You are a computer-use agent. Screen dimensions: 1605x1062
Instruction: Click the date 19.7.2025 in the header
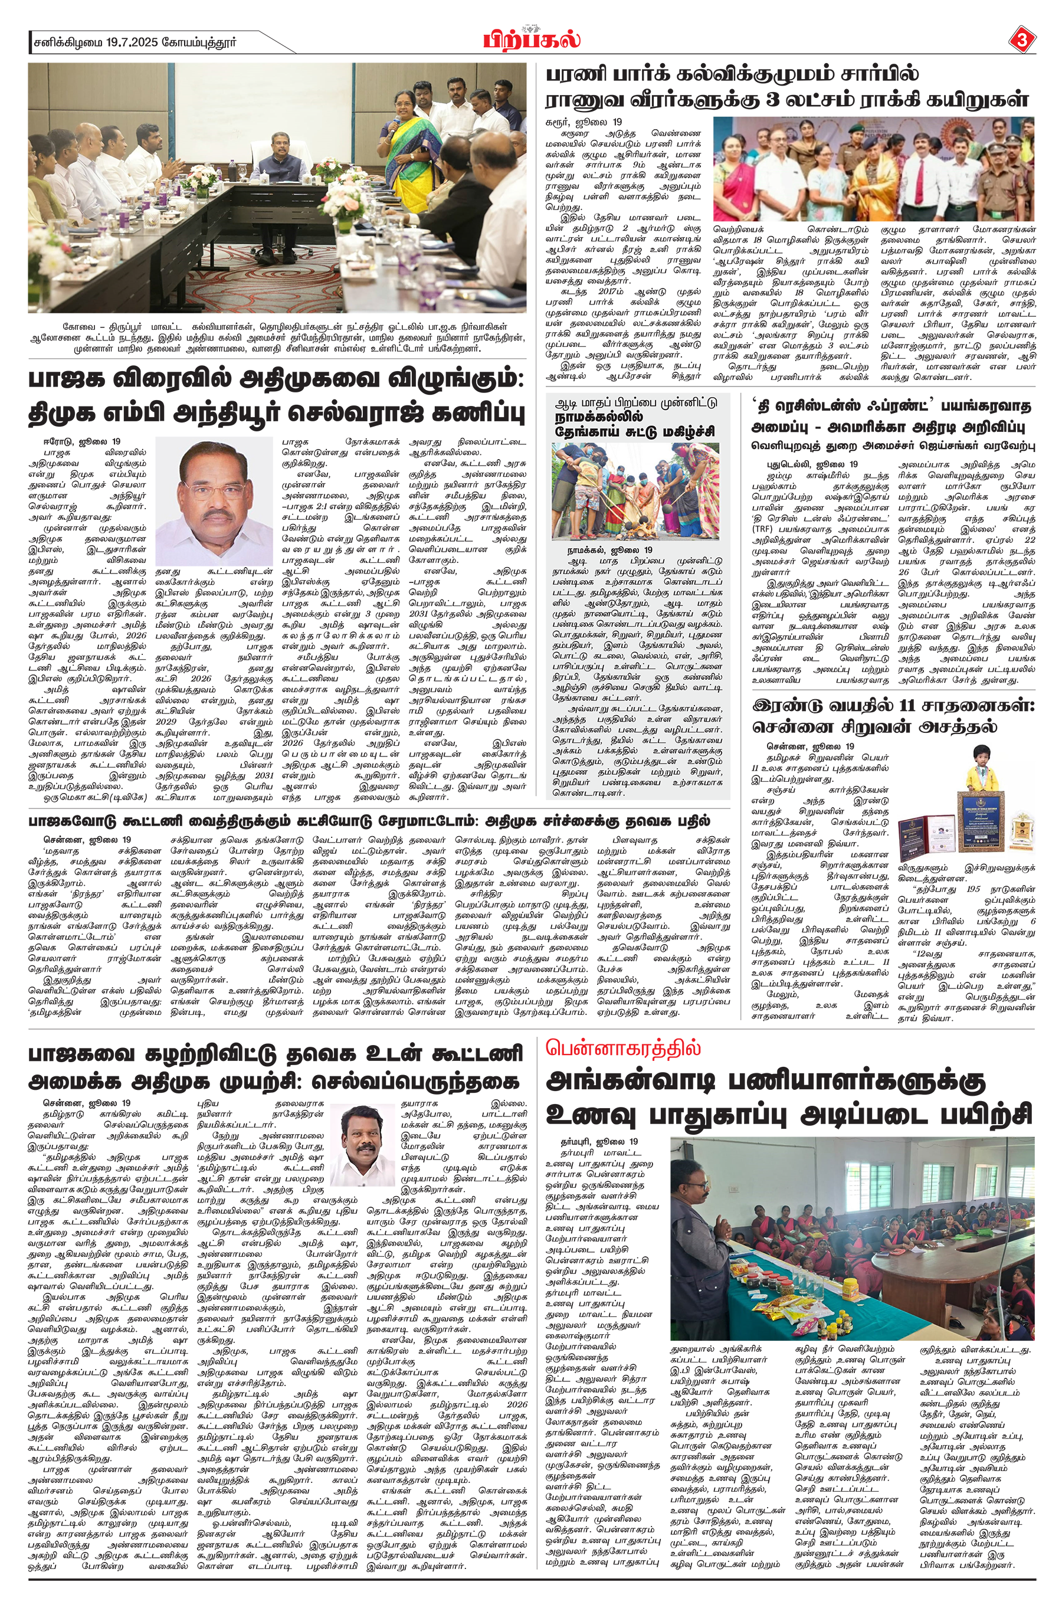click(132, 42)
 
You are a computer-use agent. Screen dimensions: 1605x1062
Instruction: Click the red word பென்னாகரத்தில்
click(623, 1049)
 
